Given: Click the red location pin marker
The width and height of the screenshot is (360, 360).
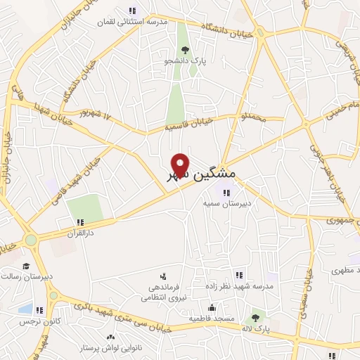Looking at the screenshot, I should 181,165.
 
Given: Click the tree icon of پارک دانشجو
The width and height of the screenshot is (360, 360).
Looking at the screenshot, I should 186,50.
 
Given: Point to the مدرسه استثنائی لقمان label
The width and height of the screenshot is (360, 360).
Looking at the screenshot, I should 133,22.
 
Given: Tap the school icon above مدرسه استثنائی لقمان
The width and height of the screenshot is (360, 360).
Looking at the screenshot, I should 132,11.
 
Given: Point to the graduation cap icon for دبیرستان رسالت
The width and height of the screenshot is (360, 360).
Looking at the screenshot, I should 26,266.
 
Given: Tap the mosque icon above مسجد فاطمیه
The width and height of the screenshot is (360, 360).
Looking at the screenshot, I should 211,307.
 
